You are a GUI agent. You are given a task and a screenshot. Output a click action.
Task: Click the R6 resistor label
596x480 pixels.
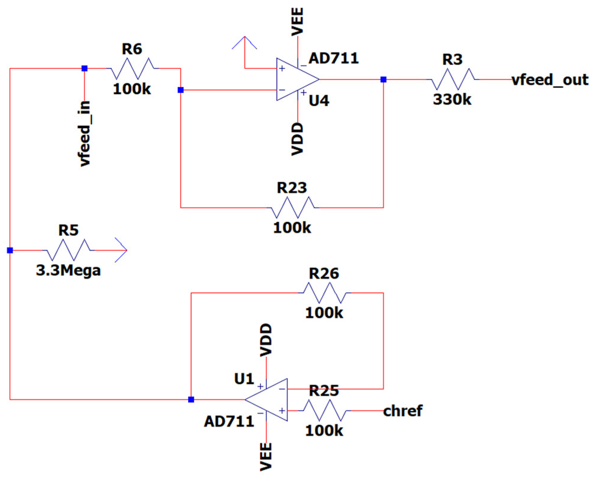coord(132,49)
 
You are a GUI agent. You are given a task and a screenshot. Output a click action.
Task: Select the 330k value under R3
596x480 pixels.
coord(452,99)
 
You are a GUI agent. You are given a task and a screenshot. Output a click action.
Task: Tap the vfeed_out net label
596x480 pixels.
coord(550,80)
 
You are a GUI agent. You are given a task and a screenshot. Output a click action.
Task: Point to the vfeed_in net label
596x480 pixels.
coord(84,134)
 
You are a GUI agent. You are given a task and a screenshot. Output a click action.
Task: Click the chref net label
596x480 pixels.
coord(402,411)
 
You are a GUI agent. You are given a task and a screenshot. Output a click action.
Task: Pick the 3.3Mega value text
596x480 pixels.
coord(68,270)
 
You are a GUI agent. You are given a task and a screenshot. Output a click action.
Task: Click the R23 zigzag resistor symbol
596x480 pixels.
coord(292,207)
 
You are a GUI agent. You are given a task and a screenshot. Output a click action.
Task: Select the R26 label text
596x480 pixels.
coord(324,273)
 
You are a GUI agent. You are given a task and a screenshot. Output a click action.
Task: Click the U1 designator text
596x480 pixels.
coord(244,379)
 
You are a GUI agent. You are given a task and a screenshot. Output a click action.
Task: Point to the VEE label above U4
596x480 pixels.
coord(297,21)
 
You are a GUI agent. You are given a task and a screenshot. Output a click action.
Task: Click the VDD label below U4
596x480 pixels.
coord(297,139)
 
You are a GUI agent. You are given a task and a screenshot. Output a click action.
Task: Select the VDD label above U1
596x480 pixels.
coord(266,340)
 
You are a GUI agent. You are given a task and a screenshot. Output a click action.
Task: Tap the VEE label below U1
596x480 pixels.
coord(266,457)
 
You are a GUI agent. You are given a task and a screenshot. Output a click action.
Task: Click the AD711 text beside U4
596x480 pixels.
coord(333,58)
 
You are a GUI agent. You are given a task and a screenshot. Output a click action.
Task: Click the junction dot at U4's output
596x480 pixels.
coord(383,80)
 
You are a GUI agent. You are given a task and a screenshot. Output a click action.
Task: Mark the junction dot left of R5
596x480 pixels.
coord(10,250)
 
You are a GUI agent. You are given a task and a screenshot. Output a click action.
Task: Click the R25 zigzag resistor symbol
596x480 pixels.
coord(325,411)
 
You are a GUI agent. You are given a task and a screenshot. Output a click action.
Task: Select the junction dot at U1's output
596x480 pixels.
coord(191,400)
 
